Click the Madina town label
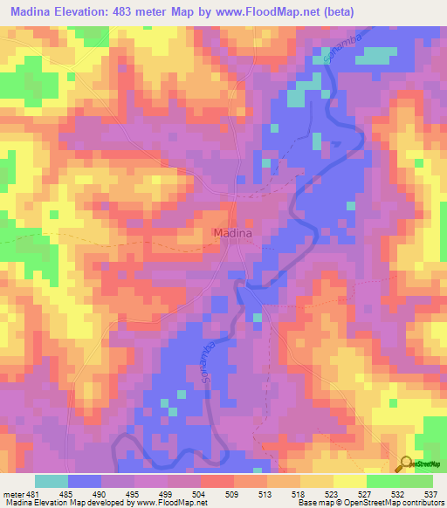[x=233, y=233]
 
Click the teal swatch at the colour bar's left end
[x=52, y=481]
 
